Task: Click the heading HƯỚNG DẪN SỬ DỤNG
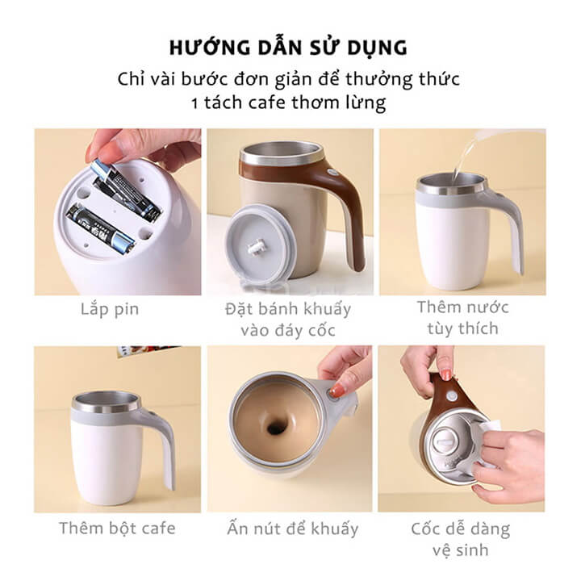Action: coord(288,48)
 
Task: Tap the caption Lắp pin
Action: coord(110,309)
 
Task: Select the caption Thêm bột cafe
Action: coord(117,528)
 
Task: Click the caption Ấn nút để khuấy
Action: coord(293,529)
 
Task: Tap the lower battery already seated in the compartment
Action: coord(100,228)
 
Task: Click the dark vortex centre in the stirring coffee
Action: coord(274,428)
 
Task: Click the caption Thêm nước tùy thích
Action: coord(463,318)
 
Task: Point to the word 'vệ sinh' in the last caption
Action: coord(461,550)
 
